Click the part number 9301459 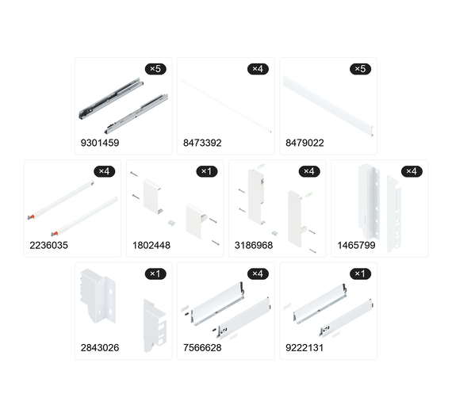click(x=100, y=143)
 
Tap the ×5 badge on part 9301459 click(x=155, y=69)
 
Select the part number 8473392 click(x=202, y=143)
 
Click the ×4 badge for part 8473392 click(x=258, y=69)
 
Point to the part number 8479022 click(x=305, y=143)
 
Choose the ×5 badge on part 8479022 click(x=360, y=69)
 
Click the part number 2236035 click(x=48, y=245)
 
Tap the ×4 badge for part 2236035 click(x=105, y=171)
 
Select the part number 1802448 click(x=151, y=245)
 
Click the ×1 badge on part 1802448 click(x=207, y=171)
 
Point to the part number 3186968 click(x=254, y=245)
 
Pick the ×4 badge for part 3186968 click(x=309, y=171)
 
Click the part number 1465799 click(x=356, y=245)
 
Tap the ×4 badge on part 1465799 click(x=412, y=171)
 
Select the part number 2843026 click(x=100, y=348)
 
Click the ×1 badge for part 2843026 click(x=155, y=274)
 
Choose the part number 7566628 click(x=202, y=348)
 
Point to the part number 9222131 click(x=305, y=348)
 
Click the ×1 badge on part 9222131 click(x=360, y=274)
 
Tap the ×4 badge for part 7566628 click(x=258, y=274)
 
